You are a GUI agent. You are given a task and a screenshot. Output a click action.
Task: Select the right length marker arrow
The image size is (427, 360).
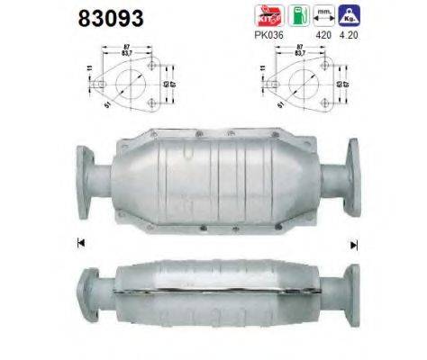[x=354, y=244]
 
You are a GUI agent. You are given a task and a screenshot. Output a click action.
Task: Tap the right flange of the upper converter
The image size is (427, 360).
[x=349, y=178]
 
